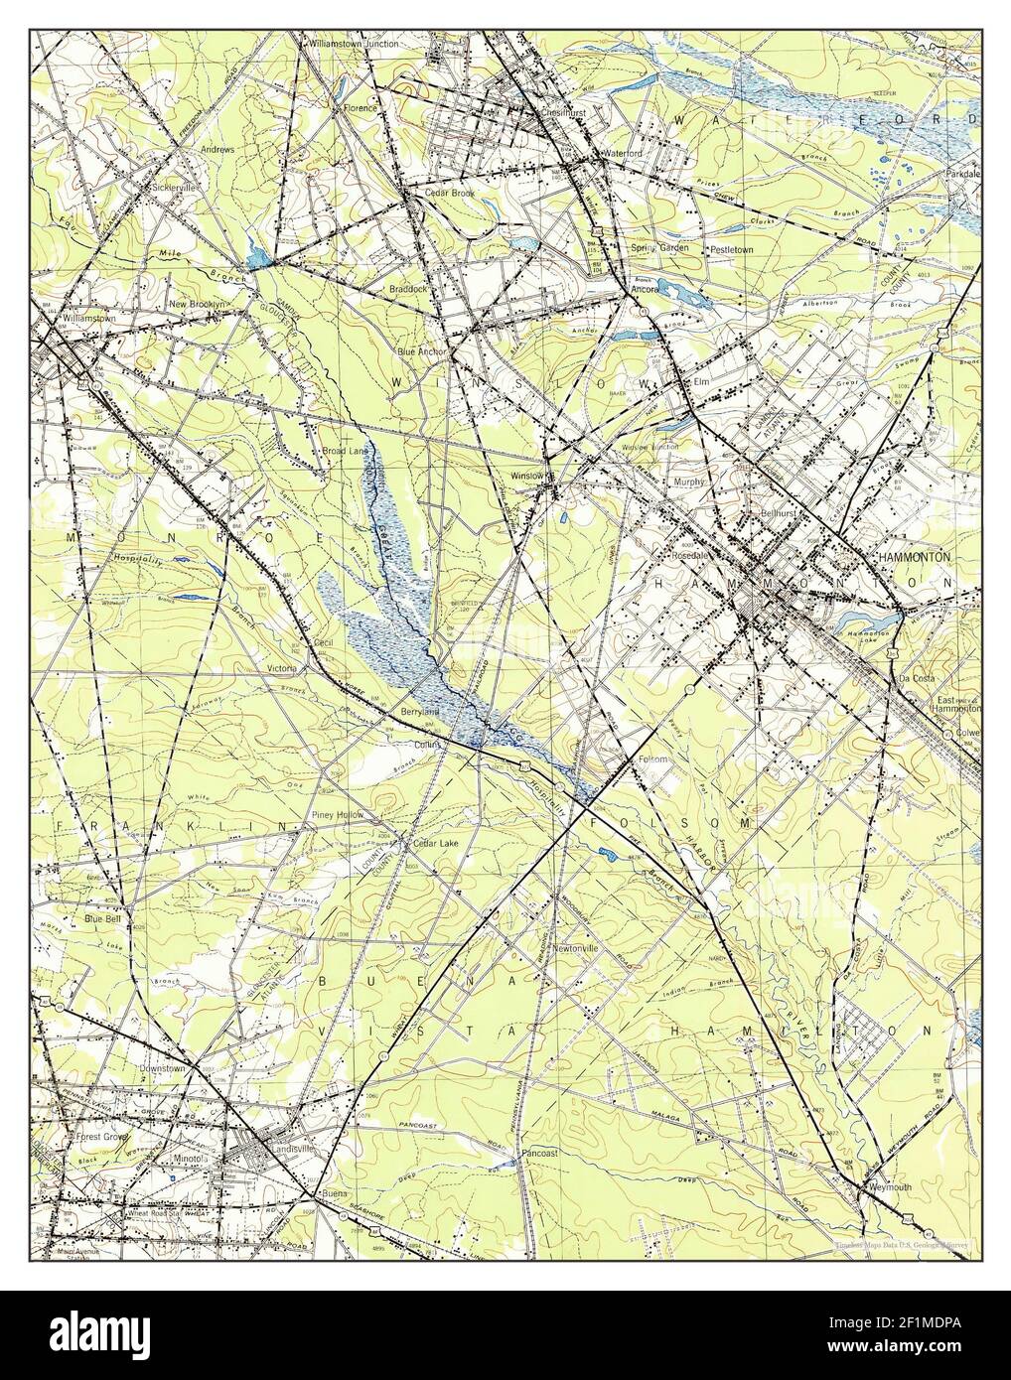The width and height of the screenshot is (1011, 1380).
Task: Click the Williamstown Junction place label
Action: (326, 44)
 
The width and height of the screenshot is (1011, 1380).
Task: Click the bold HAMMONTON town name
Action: (916, 559)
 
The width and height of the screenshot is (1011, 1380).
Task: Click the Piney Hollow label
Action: (338, 814)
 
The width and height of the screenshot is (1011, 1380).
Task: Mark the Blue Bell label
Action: (102, 919)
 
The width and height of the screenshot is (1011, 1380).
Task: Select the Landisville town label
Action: (286, 1167)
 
